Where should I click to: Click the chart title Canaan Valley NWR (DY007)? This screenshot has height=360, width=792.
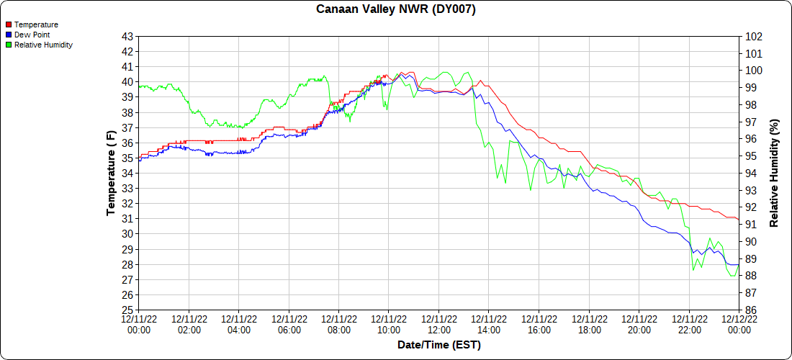point(396,9)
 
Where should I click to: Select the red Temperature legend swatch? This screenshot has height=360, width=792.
point(9,24)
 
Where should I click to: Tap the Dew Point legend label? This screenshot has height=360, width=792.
point(32,35)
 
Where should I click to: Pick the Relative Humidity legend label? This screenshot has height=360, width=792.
point(43,45)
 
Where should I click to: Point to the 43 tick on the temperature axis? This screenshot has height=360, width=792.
point(127,36)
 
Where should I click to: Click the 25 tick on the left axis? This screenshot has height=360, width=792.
point(127,310)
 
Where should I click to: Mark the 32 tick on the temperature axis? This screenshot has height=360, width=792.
point(127,204)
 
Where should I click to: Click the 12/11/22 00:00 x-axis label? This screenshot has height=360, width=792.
point(138,324)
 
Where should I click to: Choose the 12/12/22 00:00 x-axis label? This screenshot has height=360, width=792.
point(739,324)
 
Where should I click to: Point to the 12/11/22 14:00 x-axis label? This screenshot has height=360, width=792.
point(489,324)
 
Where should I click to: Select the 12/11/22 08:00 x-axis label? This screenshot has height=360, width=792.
point(338,324)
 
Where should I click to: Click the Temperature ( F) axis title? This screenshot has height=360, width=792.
point(111,173)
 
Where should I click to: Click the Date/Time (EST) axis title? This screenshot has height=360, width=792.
point(438,345)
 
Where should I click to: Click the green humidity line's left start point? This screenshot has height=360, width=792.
point(138,86)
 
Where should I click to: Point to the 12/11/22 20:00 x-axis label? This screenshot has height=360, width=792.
point(639,324)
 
